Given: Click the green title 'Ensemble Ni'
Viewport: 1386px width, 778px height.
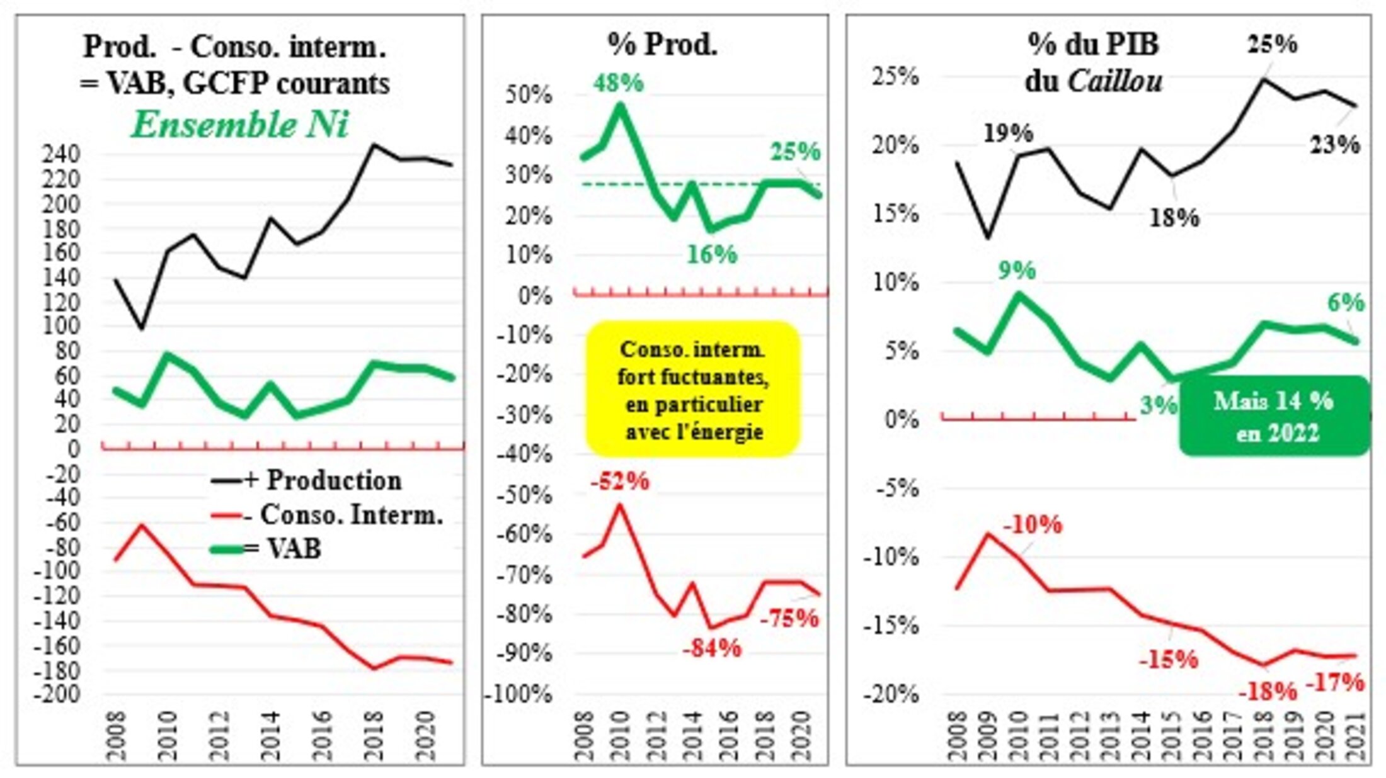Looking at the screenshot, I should tap(239, 125).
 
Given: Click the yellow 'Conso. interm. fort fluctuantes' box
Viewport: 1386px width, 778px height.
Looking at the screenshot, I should tap(692, 389).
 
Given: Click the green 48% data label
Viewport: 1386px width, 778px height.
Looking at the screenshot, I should tap(618, 83).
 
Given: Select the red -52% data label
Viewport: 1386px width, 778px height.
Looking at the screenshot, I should tap(620, 482).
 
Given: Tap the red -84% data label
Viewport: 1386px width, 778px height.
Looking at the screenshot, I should tap(712, 648).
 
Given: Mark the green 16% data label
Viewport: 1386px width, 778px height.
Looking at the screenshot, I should tap(712, 254).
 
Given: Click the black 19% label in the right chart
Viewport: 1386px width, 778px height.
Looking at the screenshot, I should tap(1008, 133).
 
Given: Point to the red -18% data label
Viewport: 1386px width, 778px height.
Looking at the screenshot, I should tap(1267, 692).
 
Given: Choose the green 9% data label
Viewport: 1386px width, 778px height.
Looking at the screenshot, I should tap(1017, 271).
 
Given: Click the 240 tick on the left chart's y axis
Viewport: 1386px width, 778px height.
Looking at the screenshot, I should tap(61, 154).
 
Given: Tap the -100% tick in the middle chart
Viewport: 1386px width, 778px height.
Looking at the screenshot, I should tap(518, 695).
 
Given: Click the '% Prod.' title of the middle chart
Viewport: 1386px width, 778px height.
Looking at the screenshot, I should tap(662, 44).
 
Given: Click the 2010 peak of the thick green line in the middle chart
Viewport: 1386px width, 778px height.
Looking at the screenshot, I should tap(620, 106).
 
